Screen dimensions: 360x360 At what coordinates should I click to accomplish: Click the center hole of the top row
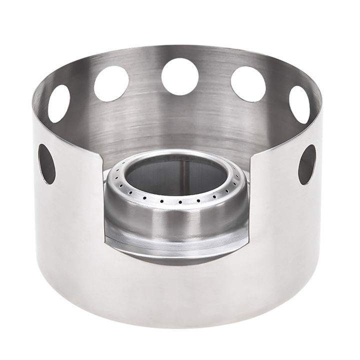pyautogui.click(x=180, y=76)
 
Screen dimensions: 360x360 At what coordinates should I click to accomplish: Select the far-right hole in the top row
pyautogui.click(x=299, y=104)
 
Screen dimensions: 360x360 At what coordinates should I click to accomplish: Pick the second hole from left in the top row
pyautogui.click(x=111, y=83)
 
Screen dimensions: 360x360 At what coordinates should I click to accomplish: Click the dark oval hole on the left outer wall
pyautogui.click(x=47, y=164)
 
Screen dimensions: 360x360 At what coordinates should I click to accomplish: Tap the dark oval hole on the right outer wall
pyautogui.click(x=307, y=164)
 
